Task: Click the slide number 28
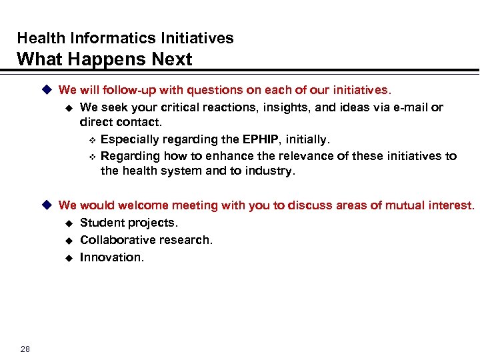pos(25,349)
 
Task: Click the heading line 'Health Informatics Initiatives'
pos(125,38)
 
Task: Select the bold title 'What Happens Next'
pos(104,59)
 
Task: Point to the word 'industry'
pos(269,171)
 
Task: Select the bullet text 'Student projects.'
pos(129,223)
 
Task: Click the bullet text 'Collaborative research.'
pos(146,240)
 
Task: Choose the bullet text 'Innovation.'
pos(111,257)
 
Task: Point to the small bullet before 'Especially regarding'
pos(92,140)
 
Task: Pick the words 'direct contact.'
pos(121,123)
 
